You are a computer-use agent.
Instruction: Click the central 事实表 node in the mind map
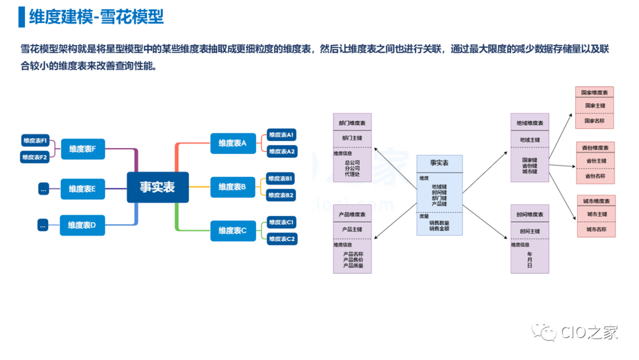157,187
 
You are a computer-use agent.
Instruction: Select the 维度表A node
233,143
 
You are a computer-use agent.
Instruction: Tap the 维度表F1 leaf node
35,140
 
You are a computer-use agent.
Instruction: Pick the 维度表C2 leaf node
282,239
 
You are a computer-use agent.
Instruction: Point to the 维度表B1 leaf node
281,178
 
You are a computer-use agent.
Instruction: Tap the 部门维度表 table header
352,123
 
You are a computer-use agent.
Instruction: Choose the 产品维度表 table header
352,214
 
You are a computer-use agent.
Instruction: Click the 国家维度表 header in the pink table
595,93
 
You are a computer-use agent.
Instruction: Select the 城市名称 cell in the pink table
596,229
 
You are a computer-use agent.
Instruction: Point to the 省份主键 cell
596,161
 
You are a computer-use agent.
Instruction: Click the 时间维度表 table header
530,214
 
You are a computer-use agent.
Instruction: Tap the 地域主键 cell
530,140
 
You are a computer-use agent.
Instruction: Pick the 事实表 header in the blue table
439,162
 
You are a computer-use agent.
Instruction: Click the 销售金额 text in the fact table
439,228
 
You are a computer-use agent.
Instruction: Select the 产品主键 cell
352,229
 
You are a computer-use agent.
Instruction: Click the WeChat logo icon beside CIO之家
544,332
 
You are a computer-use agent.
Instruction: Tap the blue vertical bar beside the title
22,17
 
